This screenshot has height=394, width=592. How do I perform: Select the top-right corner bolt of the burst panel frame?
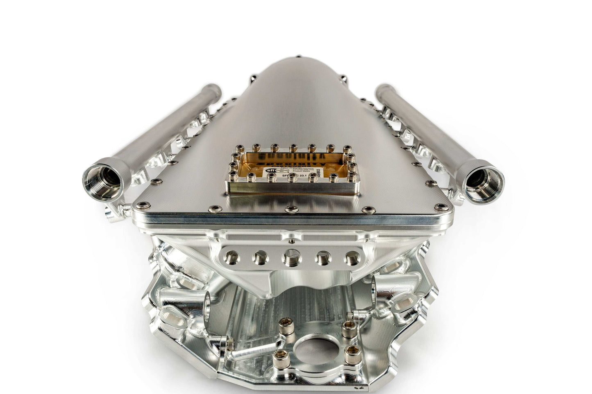point(347,148)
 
